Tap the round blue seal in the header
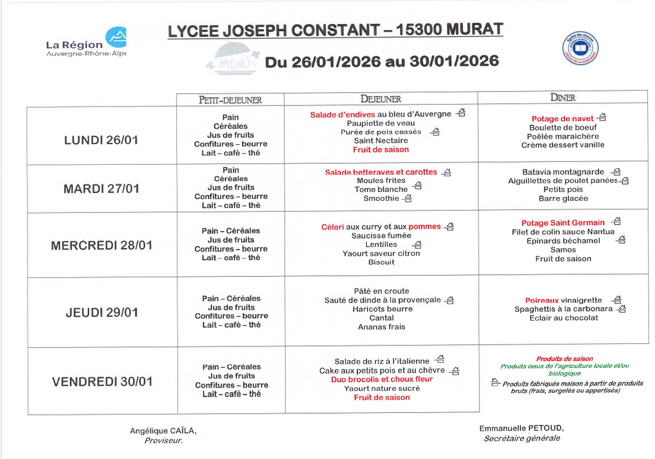pos(580,49)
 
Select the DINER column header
pos(563,98)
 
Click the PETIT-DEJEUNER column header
pos(230,100)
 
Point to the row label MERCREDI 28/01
pos(101,246)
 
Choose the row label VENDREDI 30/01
pos(102,382)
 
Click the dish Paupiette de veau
pos(381,123)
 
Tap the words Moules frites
pos(381,180)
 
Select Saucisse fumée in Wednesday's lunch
pos(381,235)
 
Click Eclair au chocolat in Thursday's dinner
pos(564,318)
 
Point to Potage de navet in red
pos(562,119)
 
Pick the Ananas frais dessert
pos(381,327)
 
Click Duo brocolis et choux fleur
pos(382,379)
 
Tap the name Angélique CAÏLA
pos(163,431)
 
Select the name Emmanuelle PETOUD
pos(521,428)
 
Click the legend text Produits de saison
pos(564,359)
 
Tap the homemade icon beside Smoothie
pos(407,199)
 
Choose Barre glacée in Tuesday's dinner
pos(563,199)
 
